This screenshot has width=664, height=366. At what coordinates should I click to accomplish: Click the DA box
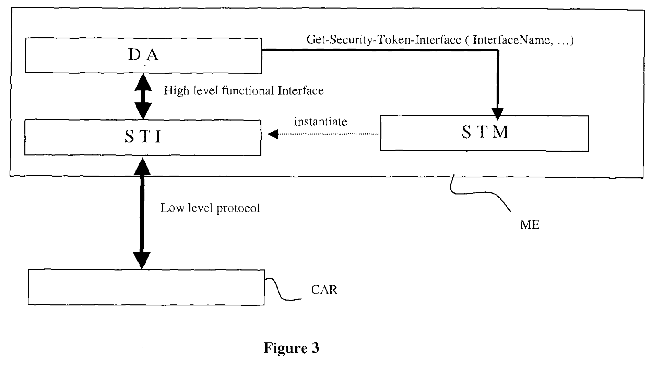click(143, 55)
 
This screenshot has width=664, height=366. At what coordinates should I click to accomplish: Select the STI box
click(143, 138)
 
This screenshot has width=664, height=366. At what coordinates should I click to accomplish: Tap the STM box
click(484, 133)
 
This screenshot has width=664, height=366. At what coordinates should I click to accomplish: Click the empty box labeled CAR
click(146, 287)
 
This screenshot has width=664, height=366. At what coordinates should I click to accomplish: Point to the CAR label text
click(324, 290)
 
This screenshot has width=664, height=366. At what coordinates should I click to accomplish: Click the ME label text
click(530, 225)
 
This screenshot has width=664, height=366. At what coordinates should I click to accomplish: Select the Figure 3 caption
click(292, 348)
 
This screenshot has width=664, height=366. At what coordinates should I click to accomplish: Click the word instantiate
click(321, 122)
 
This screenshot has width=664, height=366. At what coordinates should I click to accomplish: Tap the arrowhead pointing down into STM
click(497, 113)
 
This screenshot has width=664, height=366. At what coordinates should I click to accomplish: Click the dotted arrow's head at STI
click(273, 134)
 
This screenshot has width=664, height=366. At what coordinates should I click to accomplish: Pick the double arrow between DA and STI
click(143, 96)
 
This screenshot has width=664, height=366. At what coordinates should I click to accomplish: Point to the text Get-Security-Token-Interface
click(384, 40)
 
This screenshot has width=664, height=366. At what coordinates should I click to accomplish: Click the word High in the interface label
click(176, 91)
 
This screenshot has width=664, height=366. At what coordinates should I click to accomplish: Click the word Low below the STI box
click(172, 208)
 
